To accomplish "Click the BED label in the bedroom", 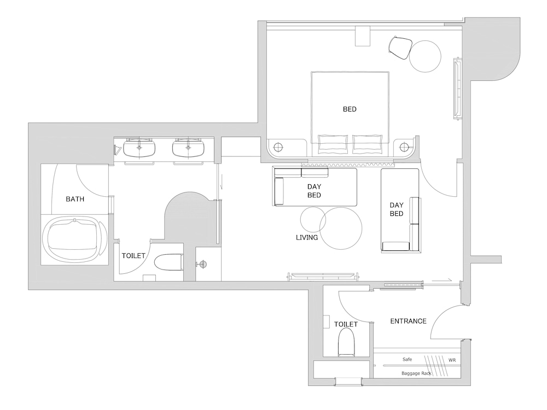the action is coord(350,109).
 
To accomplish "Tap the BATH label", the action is coord(75,199).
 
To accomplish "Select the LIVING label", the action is coord(307,237).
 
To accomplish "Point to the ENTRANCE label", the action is coord(408,321).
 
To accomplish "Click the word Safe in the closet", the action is coord(407,359).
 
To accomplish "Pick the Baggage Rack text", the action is coord(416,373).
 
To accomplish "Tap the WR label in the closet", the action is coord(452,360).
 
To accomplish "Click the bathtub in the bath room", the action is coord(74,239).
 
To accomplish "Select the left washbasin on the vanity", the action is coord(139,148).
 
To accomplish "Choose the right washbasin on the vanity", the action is coord(188,148).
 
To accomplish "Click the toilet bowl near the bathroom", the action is coord(168,262).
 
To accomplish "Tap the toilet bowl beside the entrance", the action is coord(346,342).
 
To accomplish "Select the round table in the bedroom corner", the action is coord(425,56).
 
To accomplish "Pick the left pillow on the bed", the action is coord(333,144).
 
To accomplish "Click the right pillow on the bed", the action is coord(368,144).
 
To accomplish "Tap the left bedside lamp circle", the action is coord(278,147).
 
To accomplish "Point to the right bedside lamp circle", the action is coord(405,146).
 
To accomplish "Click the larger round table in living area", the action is coord(341,229).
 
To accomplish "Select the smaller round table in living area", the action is coord(313,219).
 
